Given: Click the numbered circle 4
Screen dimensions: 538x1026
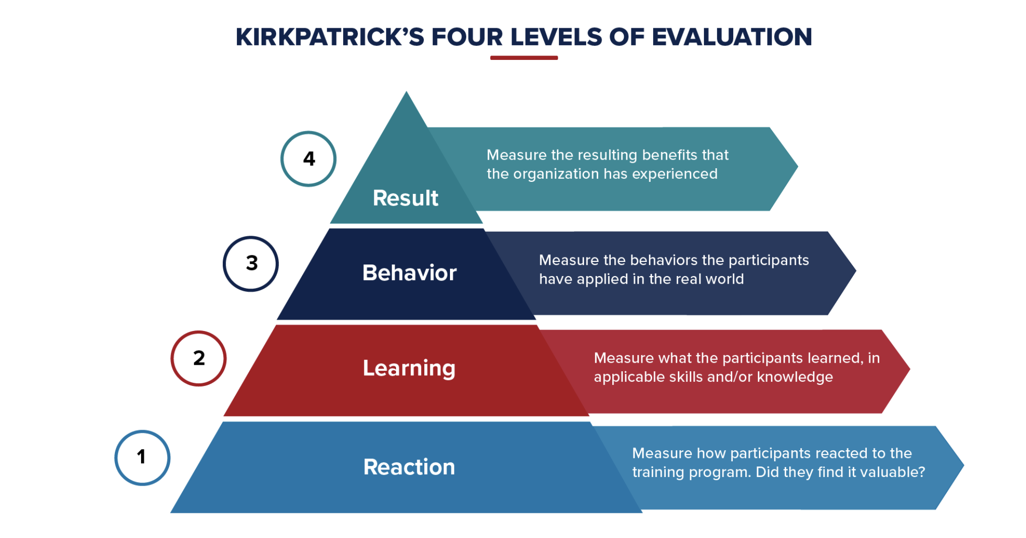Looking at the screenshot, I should (308, 159).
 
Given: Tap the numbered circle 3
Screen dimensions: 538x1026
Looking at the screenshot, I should (251, 263).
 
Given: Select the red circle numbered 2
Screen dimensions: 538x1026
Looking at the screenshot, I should (199, 358).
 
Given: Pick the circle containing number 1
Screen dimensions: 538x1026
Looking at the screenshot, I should (142, 457).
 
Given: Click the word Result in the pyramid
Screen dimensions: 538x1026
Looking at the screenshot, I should (405, 198).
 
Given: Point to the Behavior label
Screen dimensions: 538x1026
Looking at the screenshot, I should (409, 273).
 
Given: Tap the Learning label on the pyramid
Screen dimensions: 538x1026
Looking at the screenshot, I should (409, 368).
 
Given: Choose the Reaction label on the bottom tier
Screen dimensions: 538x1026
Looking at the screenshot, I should (409, 467).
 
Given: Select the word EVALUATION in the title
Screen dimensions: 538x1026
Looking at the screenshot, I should (732, 37).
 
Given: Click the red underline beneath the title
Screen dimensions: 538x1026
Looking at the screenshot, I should (524, 58).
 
